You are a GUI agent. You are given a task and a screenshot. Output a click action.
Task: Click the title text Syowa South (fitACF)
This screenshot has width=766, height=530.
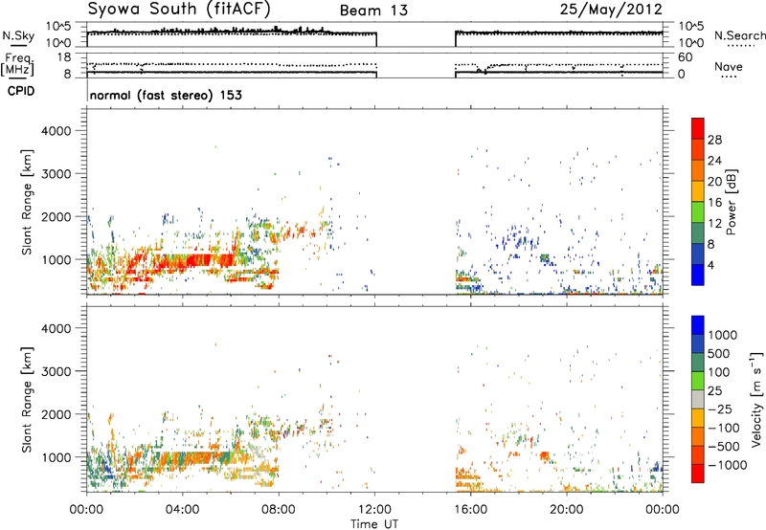tap(179, 9)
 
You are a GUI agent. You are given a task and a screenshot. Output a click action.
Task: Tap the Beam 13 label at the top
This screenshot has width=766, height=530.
tap(373, 11)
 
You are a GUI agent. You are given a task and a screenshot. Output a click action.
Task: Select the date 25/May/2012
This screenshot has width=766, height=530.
tap(611, 10)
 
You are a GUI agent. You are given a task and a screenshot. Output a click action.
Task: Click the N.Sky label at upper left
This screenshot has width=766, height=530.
tap(18, 35)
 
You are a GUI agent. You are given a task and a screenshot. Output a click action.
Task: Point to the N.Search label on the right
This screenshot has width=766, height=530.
tap(739, 35)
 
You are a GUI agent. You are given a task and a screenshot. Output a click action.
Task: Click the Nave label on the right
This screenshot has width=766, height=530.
tap(729, 66)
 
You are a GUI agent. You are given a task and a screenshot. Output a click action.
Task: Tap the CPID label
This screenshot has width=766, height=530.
tap(21, 91)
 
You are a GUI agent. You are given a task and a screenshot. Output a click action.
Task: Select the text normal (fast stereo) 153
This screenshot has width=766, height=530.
tap(166, 95)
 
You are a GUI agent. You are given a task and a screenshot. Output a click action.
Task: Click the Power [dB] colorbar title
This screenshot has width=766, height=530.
tap(731, 202)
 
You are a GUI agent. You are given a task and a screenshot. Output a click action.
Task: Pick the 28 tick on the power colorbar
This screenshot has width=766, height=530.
tap(714, 140)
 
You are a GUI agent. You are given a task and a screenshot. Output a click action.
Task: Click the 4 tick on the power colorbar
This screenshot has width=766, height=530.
tap(711, 265)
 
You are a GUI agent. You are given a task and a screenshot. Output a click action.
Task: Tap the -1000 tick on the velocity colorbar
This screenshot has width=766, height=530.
tap(728, 465)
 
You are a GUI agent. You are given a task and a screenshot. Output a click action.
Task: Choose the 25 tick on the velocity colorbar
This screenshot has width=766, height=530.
tap(715, 391)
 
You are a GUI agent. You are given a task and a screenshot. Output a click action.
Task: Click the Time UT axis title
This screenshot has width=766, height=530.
tap(374, 524)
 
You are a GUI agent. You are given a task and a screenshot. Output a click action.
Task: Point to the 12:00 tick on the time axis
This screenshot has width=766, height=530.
tap(374, 510)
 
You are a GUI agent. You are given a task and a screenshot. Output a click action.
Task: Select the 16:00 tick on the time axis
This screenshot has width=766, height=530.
tap(470, 510)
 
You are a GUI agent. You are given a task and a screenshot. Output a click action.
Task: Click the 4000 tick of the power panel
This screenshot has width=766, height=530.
tap(56, 131)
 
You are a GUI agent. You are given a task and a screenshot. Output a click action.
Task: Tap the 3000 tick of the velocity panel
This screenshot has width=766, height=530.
tap(56, 371)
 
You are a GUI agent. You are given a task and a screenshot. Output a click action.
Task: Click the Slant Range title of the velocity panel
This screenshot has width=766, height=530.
tap(27, 400)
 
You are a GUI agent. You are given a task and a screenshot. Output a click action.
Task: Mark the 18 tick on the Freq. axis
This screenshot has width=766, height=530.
tap(64, 57)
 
